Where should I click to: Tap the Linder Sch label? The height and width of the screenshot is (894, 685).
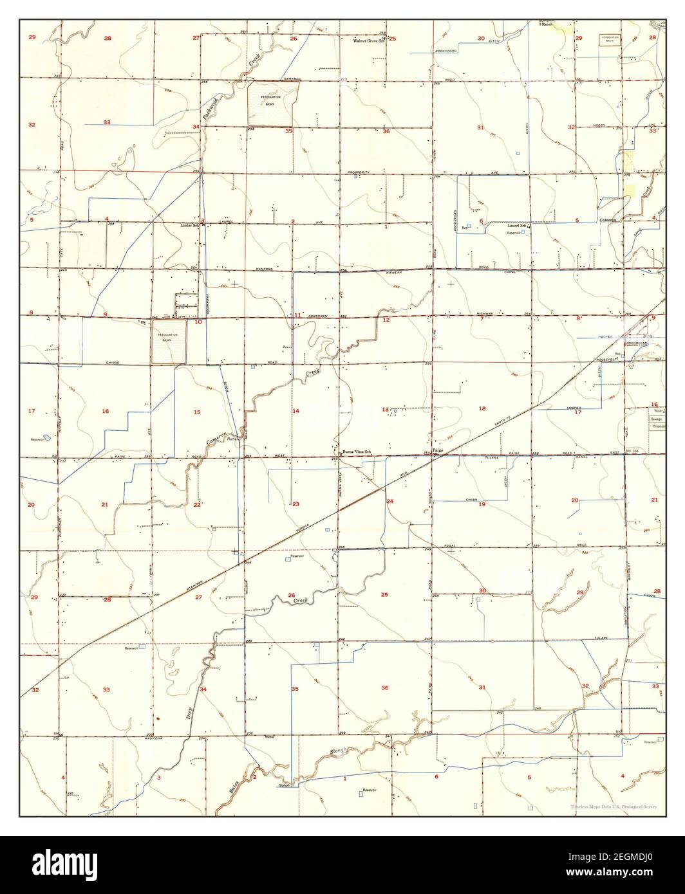(x=189, y=226)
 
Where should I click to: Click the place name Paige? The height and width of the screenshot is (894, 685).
(x=438, y=451)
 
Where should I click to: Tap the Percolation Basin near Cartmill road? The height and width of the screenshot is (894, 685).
(x=270, y=103)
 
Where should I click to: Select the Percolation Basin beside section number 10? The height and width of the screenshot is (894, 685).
(x=169, y=342)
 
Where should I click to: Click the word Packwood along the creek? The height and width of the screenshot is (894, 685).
(x=208, y=106)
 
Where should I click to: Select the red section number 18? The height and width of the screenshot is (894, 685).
(x=482, y=408)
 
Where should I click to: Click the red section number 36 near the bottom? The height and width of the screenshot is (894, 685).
(x=384, y=688)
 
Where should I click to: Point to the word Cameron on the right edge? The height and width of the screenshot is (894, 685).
(x=609, y=220)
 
